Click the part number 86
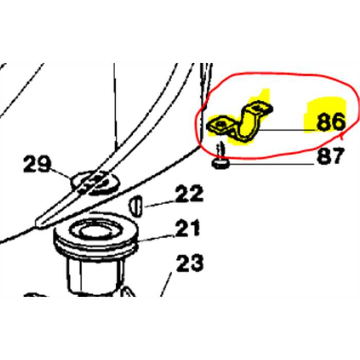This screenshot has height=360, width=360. [331, 122]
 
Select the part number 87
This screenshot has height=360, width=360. [330, 156]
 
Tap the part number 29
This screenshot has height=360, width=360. [37, 164]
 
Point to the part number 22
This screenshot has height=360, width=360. [189, 193]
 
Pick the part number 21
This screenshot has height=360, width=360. [187, 228]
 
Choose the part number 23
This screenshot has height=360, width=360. [190, 263]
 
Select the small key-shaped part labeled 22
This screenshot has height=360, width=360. [135, 206]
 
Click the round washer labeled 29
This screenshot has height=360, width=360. [95, 183]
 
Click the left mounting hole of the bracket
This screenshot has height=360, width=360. [221, 124]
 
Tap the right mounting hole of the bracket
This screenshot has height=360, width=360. [257, 107]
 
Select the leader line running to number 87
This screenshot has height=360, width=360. [272, 164]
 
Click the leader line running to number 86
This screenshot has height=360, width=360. [287, 131]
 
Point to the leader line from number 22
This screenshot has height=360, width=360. [160, 204]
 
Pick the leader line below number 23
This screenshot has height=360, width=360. [166, 284]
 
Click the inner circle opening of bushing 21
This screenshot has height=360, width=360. [96, 231]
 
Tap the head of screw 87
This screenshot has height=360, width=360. [221, 164]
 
